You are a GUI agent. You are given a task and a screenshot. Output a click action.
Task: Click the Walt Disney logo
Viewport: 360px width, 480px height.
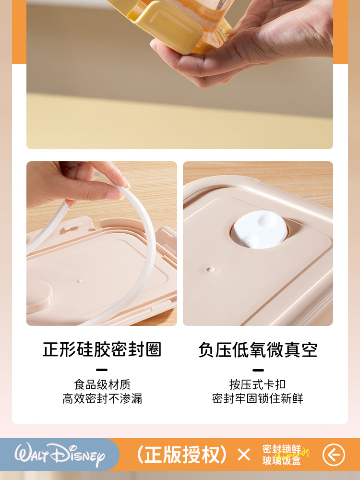(60, 455)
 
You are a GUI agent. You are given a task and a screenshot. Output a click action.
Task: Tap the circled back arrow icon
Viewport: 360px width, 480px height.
(334, 455)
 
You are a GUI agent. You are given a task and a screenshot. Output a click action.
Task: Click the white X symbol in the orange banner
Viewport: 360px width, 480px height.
(244, 455)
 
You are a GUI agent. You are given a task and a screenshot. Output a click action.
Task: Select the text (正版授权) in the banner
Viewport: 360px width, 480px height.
(182, 455)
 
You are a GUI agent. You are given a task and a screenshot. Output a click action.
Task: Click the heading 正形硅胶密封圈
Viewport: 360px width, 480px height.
(102, 349)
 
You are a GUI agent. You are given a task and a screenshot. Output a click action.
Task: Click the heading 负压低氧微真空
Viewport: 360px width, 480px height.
(258, 349)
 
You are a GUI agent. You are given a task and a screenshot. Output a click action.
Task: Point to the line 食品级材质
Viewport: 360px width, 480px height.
(102, 384)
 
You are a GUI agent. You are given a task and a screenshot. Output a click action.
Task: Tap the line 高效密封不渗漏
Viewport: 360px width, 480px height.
(102, 398)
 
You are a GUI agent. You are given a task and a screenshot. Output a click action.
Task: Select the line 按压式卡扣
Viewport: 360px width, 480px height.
(257, 384)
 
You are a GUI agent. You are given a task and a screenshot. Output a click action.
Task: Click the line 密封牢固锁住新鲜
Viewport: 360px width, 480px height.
(257, 398)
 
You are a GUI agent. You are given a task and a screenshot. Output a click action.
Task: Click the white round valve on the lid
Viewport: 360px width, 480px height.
(259, 229)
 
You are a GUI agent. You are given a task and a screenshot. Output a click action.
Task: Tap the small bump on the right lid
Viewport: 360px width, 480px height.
(210, 269)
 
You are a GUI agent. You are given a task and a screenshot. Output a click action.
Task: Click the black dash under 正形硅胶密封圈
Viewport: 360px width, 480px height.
(102, 370)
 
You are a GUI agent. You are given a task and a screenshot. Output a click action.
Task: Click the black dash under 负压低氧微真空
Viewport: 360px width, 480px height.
(258, 370)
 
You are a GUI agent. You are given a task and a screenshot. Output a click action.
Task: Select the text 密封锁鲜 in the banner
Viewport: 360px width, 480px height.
(282, 449)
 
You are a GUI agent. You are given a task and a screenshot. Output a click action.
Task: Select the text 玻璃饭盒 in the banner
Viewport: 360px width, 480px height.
(282, 460)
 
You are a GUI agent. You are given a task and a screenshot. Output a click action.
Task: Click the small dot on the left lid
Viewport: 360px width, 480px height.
(80, 281)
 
